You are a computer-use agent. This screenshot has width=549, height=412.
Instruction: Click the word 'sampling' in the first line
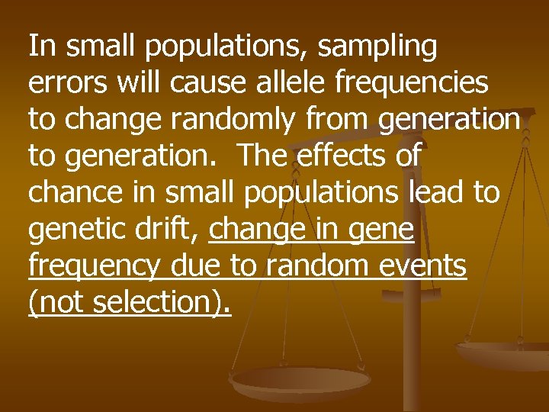click(377, 47)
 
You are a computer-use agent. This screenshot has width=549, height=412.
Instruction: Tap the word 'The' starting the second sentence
click(263, 156)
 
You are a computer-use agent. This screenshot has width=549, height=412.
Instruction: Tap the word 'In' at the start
click(41, 47)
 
